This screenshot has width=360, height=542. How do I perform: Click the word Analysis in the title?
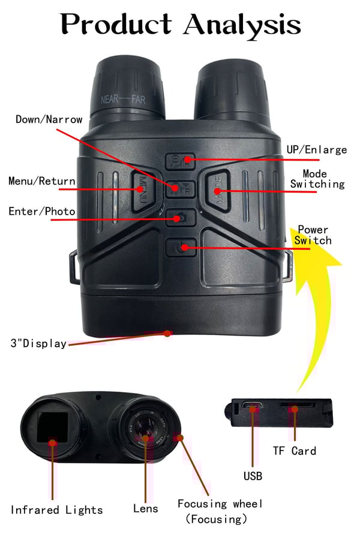point(242,25)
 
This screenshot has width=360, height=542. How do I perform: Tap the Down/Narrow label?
point(49,119)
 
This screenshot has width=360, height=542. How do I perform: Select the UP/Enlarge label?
point(317,149)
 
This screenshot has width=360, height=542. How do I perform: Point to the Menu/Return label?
point(41,181)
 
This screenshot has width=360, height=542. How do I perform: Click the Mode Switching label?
point(317,179)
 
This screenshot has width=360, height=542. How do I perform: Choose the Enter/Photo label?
point(41,211)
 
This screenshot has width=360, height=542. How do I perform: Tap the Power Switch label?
point(314,235)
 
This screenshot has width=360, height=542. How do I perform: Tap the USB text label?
point(253,477)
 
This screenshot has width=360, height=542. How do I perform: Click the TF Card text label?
point(294,451)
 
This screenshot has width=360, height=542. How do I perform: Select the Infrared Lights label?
point(56,510)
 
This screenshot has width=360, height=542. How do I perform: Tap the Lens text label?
point(146,508)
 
